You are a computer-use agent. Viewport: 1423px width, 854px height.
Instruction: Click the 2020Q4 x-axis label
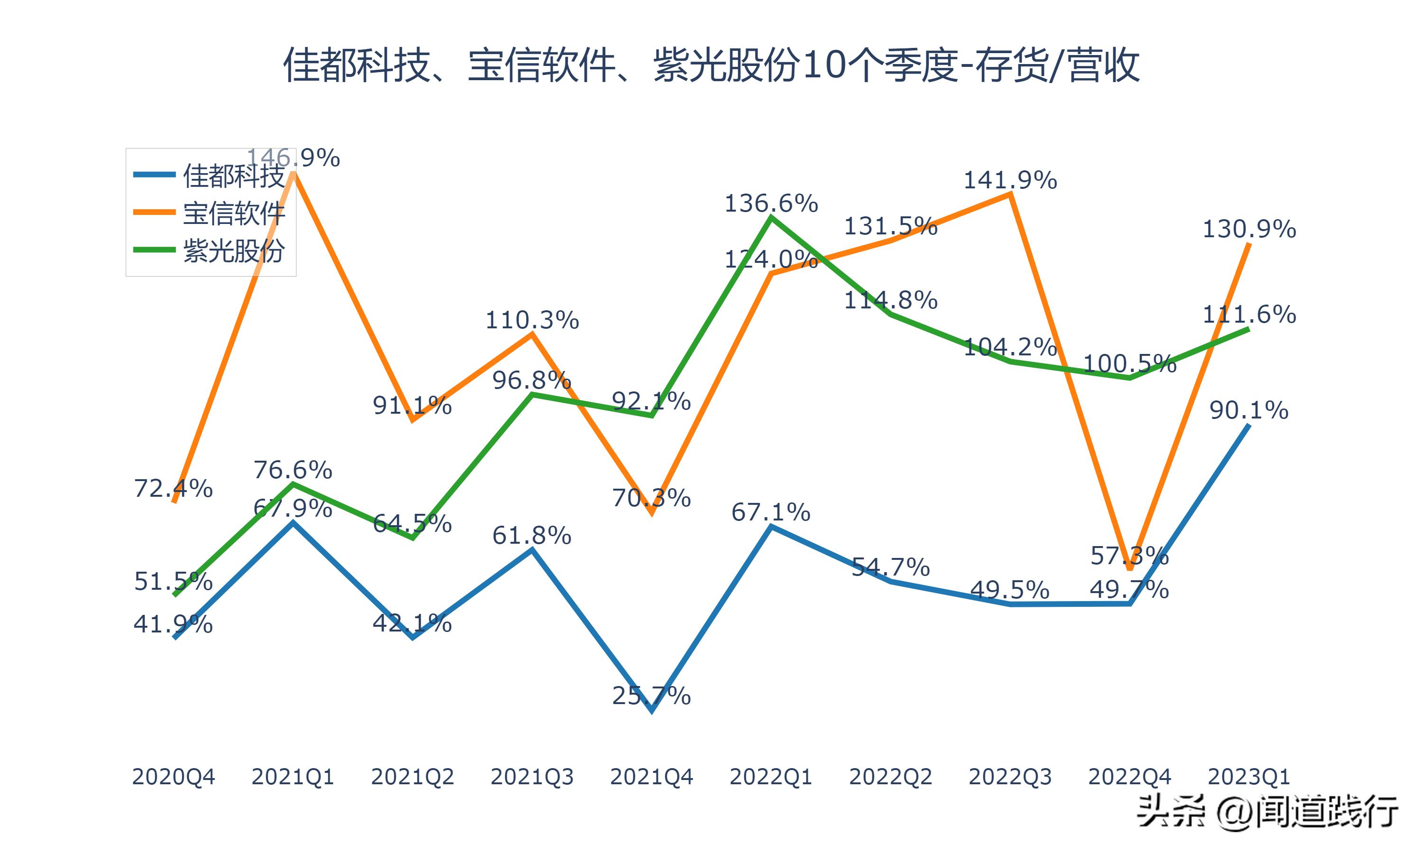[x=173, y=777]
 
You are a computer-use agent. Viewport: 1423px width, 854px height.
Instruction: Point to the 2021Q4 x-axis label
[x=651, y=777]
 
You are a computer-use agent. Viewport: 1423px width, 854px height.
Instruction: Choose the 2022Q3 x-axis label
[x=1010, y=777]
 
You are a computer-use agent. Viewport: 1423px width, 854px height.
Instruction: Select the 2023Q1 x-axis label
[x=1249, y=777]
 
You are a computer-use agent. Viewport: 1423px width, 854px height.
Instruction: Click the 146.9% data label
[x=293, y=157]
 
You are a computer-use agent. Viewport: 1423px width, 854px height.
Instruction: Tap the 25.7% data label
[x=651, y=696]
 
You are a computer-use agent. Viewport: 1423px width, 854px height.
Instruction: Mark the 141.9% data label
[x=1010, y=180]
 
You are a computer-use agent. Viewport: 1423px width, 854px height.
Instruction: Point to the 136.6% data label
[x=771, y=203]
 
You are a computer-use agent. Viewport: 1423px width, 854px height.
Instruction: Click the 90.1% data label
[x=1249, y=410]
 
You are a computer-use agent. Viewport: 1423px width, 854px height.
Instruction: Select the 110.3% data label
[x=532, y=320]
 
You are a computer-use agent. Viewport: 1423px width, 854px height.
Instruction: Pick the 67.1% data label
[x=771, y=511]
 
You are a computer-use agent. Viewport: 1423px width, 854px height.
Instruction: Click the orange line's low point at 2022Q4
[x=1130, y=568]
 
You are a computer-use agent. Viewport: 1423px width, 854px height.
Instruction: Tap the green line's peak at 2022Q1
[x=771, y=217]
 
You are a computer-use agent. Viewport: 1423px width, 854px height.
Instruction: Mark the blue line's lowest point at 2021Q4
[x=652, y=711]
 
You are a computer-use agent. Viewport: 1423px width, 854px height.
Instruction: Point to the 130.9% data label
[x=1249, y=229]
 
